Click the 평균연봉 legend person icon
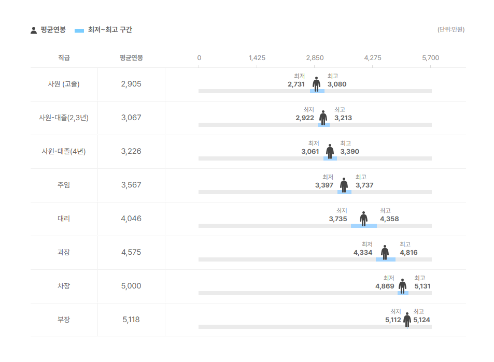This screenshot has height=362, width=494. click(x=34, y=30)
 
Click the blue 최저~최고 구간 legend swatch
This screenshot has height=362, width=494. click(x=79, y=31)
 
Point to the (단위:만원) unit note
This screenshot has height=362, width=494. click(x=450, y=30)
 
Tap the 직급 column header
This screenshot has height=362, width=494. click(x=64, y=57)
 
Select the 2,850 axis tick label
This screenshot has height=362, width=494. click(x=315, y=57)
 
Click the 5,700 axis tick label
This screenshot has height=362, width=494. click(x=430, y=57)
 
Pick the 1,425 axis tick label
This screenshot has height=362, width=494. click(x=257, y=57)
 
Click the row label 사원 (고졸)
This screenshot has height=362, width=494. click(x=64, y=84)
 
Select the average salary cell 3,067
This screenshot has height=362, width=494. click(x=131, y=118)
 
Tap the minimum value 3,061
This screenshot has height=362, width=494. click(x=310, y=152)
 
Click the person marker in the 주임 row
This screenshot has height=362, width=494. click(x=344, y=185)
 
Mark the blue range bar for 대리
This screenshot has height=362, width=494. click(x=364, y=226)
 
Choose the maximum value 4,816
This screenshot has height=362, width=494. click(x=408, y=253)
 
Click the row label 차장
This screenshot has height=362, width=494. click(x=64, y=286)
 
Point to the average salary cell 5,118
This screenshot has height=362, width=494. click(x=131, y=320)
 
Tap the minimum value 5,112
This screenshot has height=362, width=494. click(x=393, y=320)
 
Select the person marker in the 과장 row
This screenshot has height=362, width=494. click(x=385, y=252)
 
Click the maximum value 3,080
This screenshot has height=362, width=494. click(x=337, y=84)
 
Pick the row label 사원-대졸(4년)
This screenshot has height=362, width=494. click(x=64, y=151)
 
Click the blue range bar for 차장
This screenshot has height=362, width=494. click(x=403, y=293)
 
